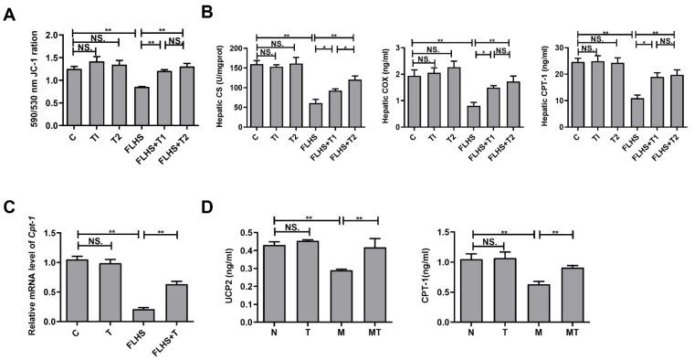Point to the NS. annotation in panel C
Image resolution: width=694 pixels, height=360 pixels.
pos(88,240)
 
